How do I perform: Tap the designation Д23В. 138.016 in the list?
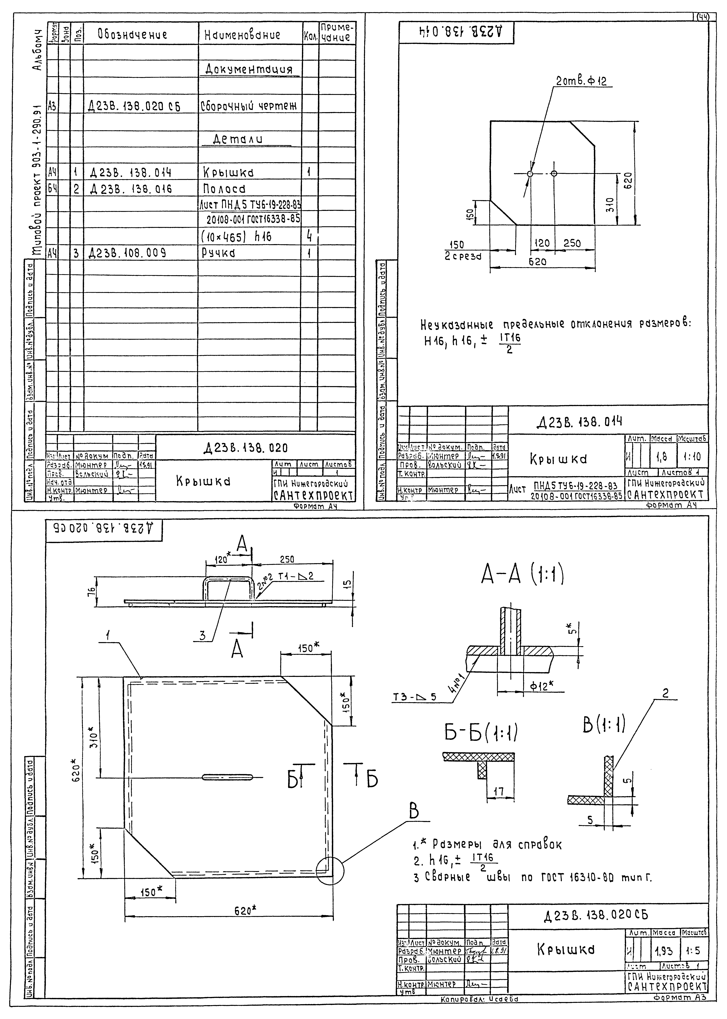pos(131,189)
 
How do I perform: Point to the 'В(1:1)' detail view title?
pos(603,725)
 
